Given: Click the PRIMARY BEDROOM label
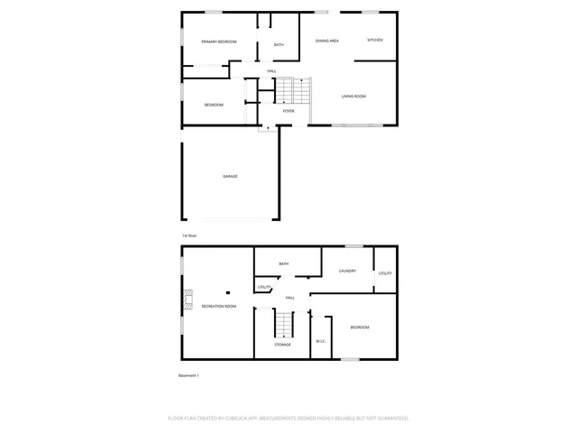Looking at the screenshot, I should pos(219,41).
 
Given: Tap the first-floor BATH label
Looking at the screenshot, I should pos(279,45).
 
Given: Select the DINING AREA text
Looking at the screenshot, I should pos(326,41).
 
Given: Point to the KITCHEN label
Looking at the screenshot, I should pos(375,41).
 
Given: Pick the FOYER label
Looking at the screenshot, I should pos(288,111).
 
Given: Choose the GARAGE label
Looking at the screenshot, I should pos(230,176).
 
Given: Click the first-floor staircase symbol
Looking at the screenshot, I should pos(292,89).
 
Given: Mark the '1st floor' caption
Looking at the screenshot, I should pos(188,235).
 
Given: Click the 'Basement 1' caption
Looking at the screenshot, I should pos(188,375).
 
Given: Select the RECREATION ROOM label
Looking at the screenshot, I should pos(219,307).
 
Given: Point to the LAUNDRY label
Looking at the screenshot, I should pos(347,271).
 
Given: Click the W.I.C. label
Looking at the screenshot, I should pos(320,341).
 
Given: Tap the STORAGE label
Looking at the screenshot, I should pos(282,345).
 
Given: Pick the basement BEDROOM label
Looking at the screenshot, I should pos(359,327).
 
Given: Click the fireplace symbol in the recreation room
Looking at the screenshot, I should pos(188,299).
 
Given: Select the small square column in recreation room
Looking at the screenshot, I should pos(228,292).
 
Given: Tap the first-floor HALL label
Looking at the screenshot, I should pos(271,71).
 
